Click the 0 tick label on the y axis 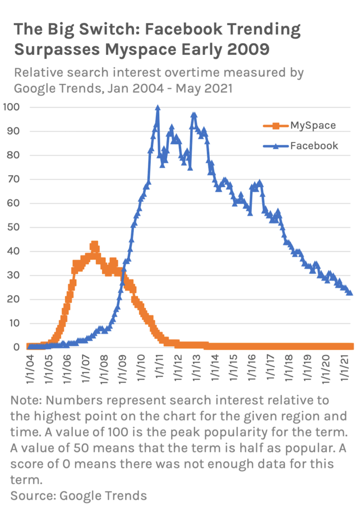[x=17, y=347]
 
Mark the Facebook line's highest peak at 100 [x=157, y=108]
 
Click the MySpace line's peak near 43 [x=94, y=245]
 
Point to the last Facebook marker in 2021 [x=349, y=293]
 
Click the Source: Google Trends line [x=79, y=495]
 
